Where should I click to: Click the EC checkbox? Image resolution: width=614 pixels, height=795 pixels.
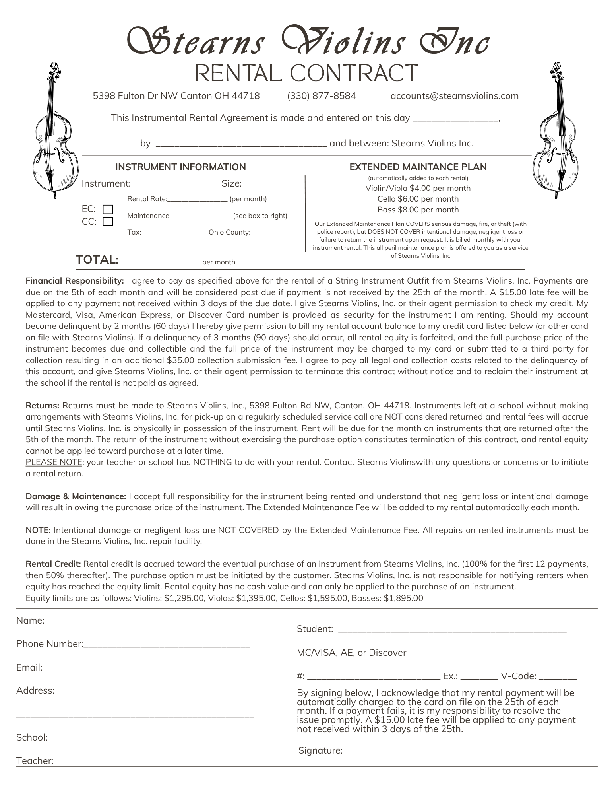(x=108, y=209)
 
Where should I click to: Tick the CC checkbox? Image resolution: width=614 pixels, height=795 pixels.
(x=108, y=222)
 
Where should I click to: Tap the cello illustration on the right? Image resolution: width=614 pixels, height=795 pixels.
(x=556, y=131)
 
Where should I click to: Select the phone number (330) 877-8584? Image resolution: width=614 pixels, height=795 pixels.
(x=322, y=96)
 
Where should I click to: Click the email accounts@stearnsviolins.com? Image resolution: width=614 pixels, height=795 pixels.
(x=454, y=96)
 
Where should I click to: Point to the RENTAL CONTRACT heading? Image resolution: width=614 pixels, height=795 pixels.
(x=306, y=73)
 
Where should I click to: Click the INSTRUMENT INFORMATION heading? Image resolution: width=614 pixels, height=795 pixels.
(x=180, y=167)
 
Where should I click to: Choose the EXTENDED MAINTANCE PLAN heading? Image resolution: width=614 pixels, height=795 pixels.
(x=418, y=167)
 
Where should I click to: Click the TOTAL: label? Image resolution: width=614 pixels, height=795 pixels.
(x=97, y=260)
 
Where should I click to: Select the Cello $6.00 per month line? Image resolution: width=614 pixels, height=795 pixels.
(x=418, y=199)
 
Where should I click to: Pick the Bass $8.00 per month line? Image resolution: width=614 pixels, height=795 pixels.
(x=418, y=210)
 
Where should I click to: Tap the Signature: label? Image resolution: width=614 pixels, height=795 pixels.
(x=320, y=750)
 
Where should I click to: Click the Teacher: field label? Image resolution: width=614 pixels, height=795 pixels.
(x=35, y=761)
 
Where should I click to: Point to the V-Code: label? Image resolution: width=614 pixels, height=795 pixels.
(x=518, y=676)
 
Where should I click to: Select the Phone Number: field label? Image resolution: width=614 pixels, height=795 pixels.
(x=50, y=644)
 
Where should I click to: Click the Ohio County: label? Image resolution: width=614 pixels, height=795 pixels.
(x=229, y=232)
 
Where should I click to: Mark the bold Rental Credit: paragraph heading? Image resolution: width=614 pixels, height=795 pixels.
(x=53, y=564)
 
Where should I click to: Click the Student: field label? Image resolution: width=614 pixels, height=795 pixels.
(x=315, y=629)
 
